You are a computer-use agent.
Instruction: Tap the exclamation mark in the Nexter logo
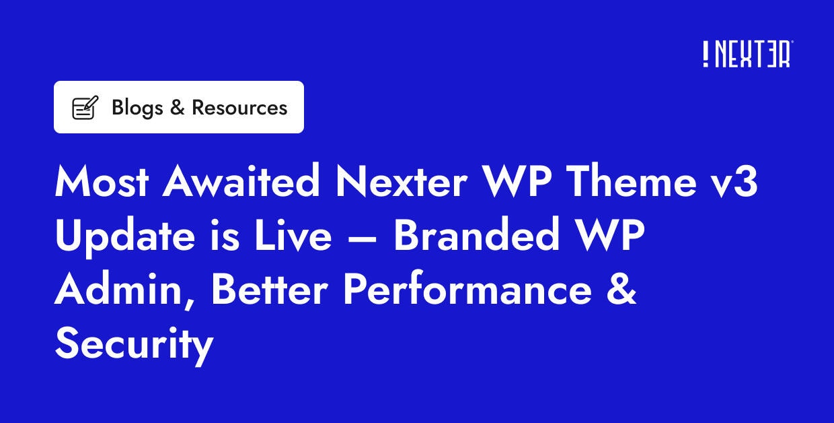[x=706, y=54]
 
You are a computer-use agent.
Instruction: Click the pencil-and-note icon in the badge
[x=85, y=108]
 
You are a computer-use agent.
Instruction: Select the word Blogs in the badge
[x=137, y=107]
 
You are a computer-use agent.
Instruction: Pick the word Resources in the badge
[x=239, y=107]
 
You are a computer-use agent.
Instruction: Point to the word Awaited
[x=241, y=183]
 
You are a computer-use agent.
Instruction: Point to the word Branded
[x=477, y=236]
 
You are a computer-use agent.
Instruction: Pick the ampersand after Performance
[x=618, y=290]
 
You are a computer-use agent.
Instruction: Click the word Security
[x=134, y=344]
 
